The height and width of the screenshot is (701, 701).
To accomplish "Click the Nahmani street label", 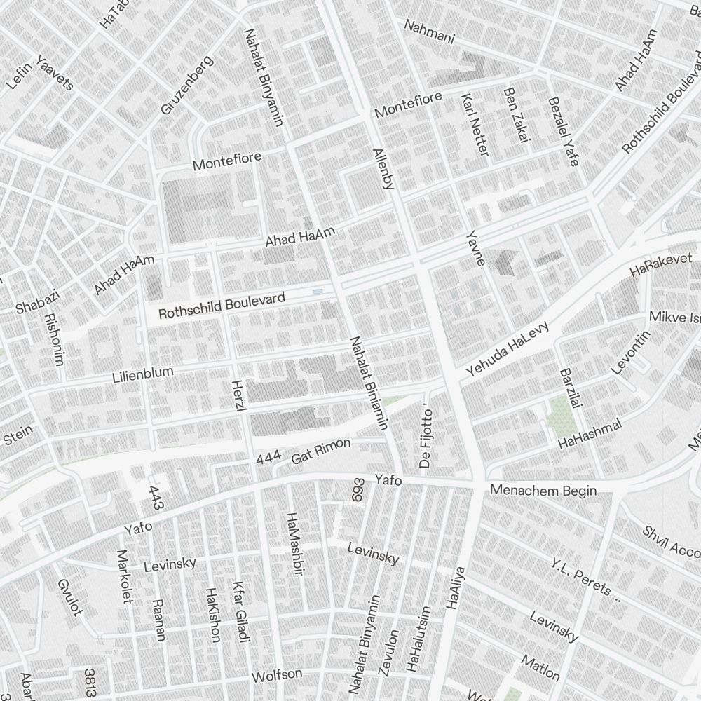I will (x=429, y=32).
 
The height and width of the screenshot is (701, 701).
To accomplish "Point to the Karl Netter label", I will (x=475, y=124).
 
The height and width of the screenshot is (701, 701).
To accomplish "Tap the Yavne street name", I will (x=476, y=247).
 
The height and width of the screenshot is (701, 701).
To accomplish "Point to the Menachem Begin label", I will (x=543, y=490).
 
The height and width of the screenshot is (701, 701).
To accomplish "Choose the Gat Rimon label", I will (x=320, y=452).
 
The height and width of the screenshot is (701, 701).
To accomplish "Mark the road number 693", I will (x=358, y=491).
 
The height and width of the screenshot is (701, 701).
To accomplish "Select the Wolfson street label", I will (x=277, y=676).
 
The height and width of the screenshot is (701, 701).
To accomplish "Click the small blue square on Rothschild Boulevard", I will (x=318, y=291).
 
